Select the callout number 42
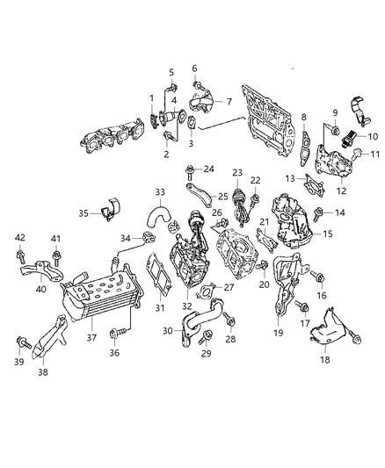(x=20, y=237)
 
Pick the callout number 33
(x=159, y=193)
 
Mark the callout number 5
(x=171, y=71)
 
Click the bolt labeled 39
(x=22, y=344)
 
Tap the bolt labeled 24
(x=190, y=169)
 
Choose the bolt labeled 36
(x=113, y=333)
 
